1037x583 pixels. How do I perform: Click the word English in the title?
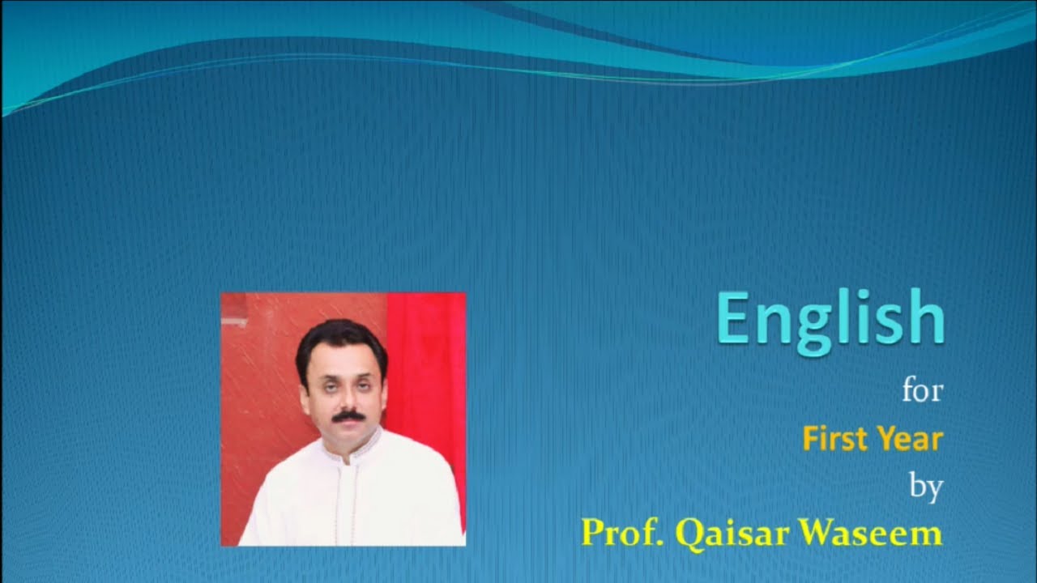coord(831,321)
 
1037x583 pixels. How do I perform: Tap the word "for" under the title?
coord(923,391)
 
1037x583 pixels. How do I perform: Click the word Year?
coord(911,439)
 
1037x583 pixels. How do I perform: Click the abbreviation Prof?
coord(622,533)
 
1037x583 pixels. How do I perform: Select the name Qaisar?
coord(732,534)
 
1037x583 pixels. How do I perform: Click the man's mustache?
coord(348,416)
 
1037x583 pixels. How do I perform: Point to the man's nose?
coord(348,399)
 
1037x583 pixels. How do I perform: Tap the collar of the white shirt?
coord(351,446)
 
